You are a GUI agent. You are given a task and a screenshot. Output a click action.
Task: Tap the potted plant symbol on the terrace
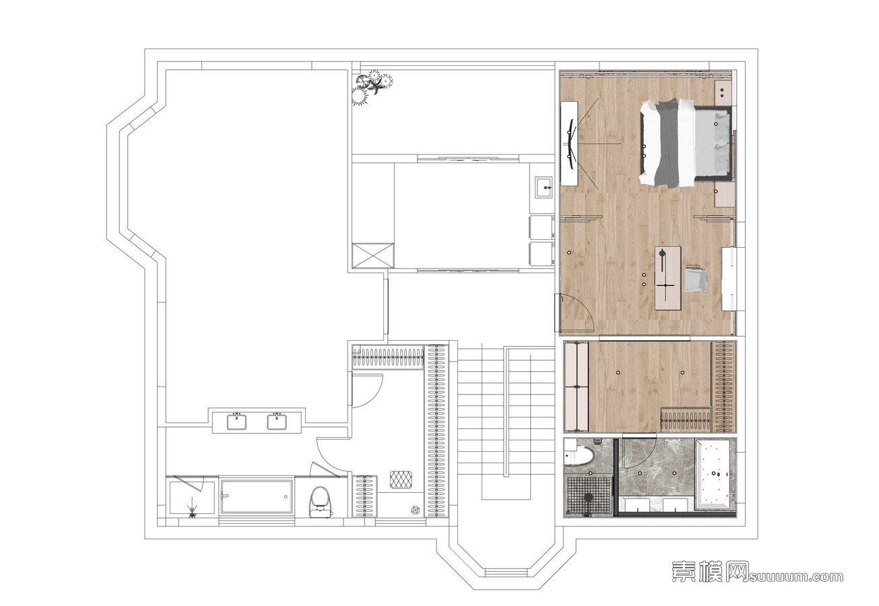372,87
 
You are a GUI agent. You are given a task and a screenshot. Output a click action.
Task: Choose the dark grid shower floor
588,496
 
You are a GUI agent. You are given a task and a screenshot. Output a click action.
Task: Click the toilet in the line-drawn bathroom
321,503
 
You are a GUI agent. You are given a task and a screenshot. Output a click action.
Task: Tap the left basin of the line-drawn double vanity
236,422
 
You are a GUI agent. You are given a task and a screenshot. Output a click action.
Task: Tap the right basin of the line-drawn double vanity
277,422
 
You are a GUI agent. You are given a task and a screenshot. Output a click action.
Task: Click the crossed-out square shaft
372,255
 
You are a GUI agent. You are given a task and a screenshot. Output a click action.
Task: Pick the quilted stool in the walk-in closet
401,479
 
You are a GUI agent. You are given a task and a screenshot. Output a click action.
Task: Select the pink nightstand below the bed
724,194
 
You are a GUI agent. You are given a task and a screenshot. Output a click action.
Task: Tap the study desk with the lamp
668,278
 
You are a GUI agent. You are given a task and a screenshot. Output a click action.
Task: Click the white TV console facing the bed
569,143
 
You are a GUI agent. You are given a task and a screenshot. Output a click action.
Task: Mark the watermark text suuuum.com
795,577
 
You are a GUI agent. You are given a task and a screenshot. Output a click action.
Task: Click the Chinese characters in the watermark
710,576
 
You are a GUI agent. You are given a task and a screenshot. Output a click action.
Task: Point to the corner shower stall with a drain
192,497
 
